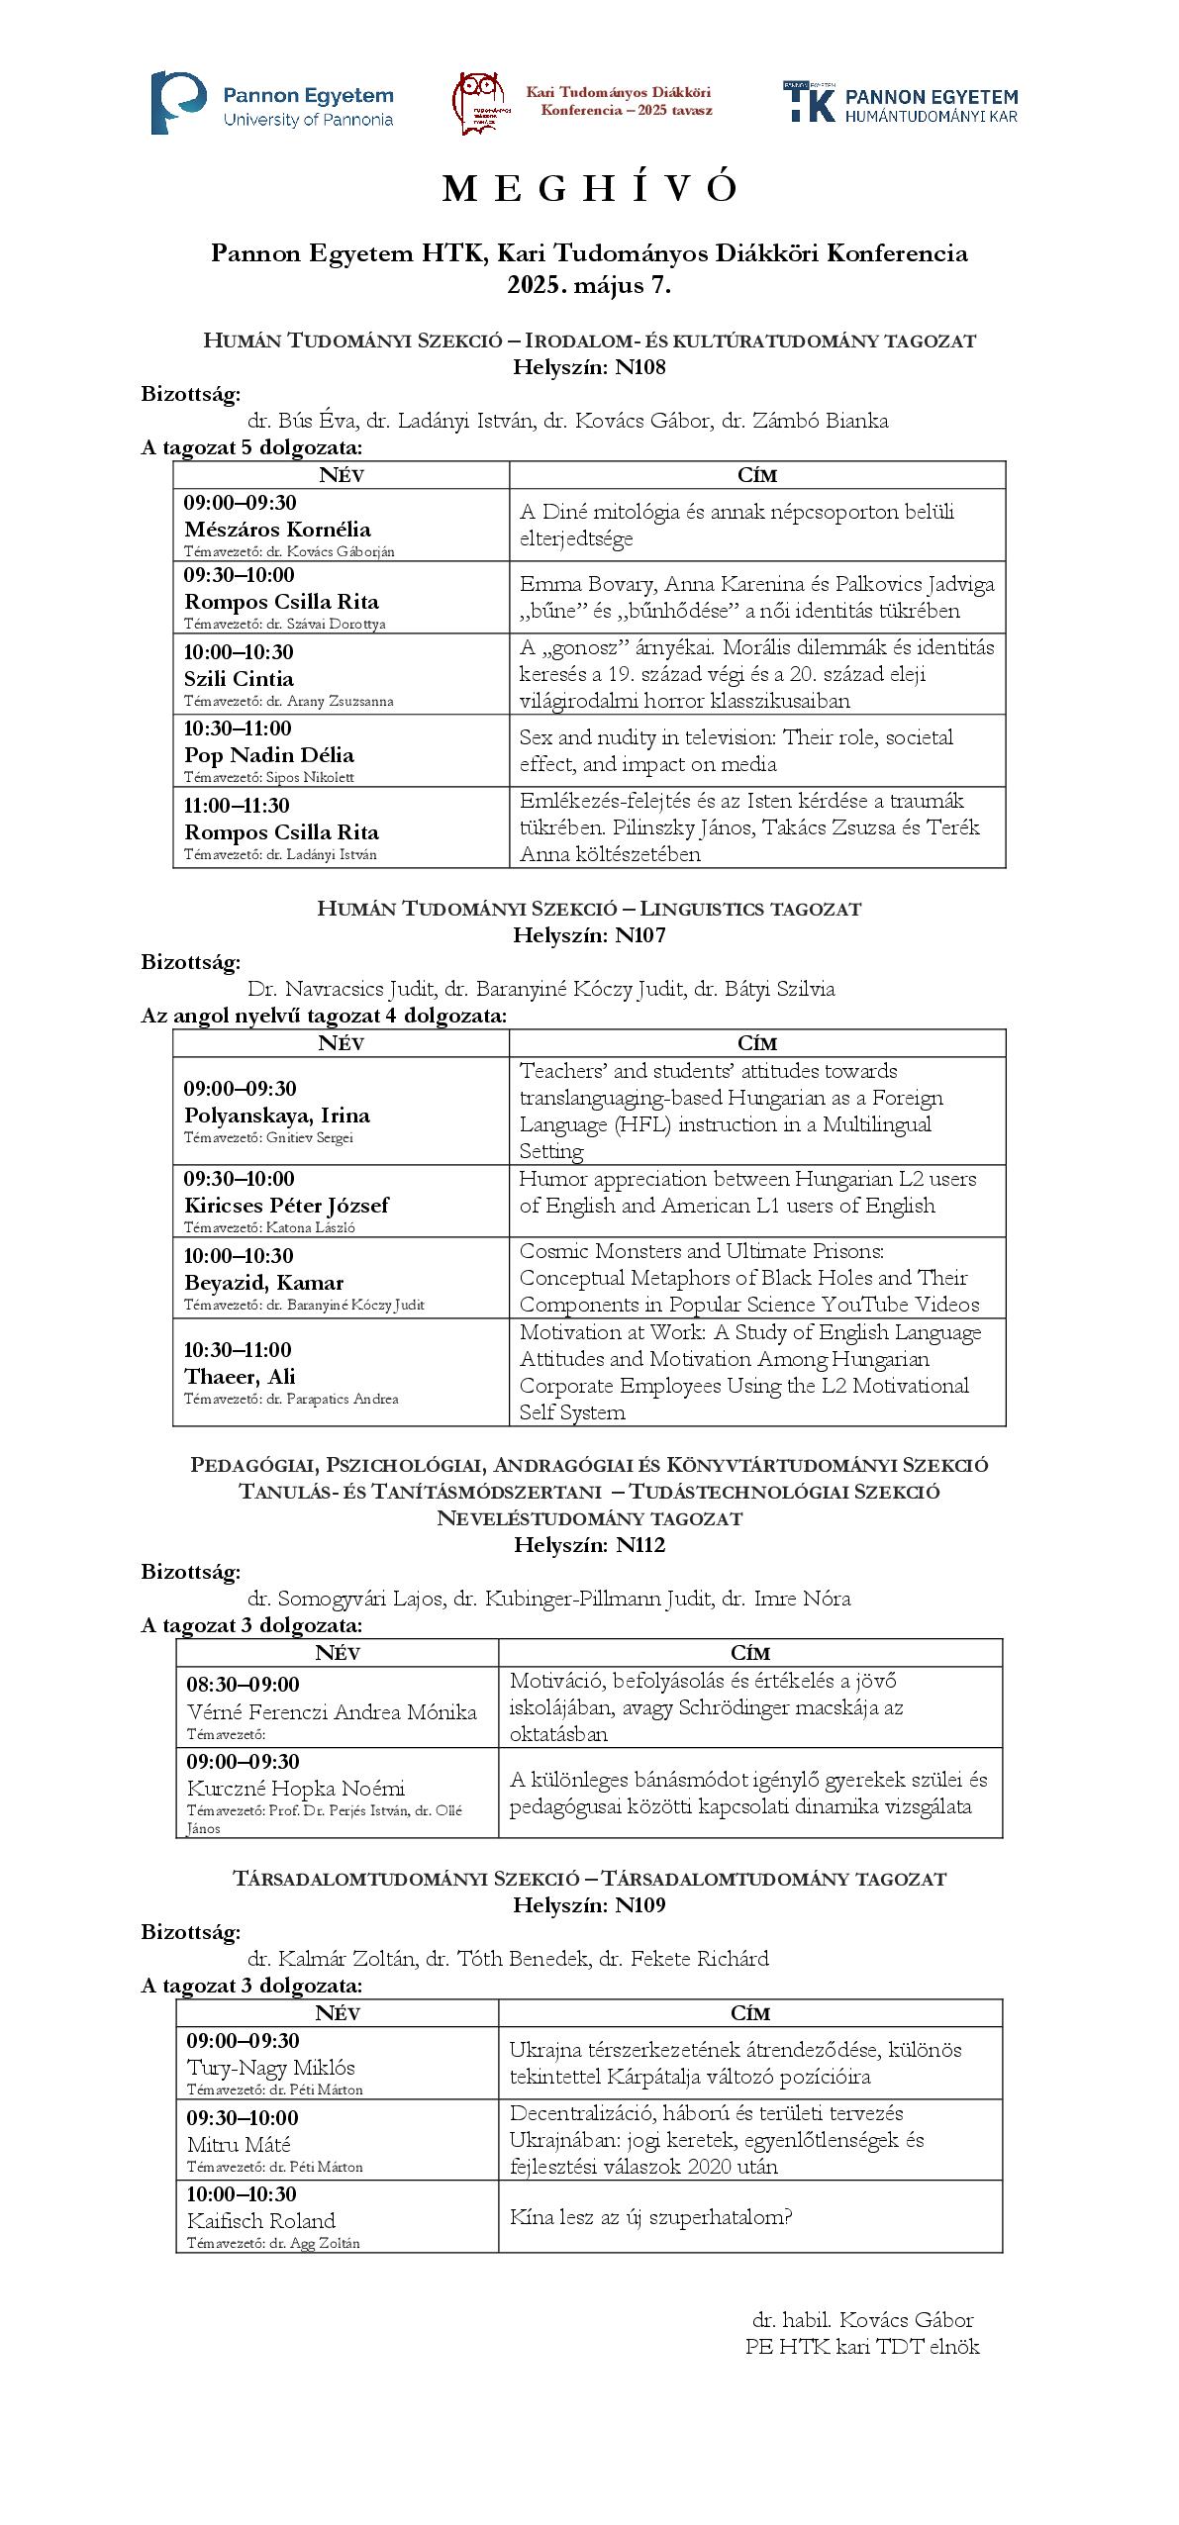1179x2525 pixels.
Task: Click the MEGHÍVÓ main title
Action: [589, 189]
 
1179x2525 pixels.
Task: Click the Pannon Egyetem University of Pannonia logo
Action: [272, 103]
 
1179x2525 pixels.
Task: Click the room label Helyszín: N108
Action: [589, 367]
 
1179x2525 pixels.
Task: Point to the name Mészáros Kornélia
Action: [277, 529]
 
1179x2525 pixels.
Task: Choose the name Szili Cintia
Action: [239, 678]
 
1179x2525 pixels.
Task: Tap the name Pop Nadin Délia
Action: [268, 754]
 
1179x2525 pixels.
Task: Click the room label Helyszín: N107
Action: [589, 934]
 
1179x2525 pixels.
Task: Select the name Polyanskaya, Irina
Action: [277, 1116]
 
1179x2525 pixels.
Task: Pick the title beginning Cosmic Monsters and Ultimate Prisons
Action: [748, 1277]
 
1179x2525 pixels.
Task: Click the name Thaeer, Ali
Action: [240, 1376]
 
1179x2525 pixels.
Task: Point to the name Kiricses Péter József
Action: [286, 1205]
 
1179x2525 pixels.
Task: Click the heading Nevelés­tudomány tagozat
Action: [589, 1517]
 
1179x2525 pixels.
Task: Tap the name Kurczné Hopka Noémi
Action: [296, 1788]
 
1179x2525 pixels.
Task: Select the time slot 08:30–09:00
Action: [243, 1684]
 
